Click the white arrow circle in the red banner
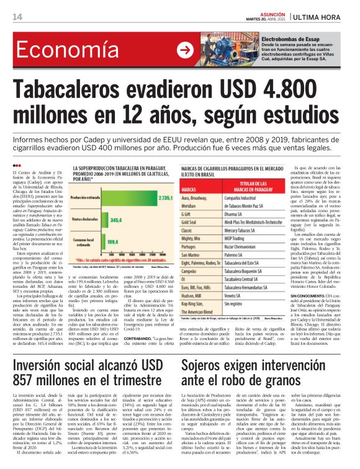coord(184,50)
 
